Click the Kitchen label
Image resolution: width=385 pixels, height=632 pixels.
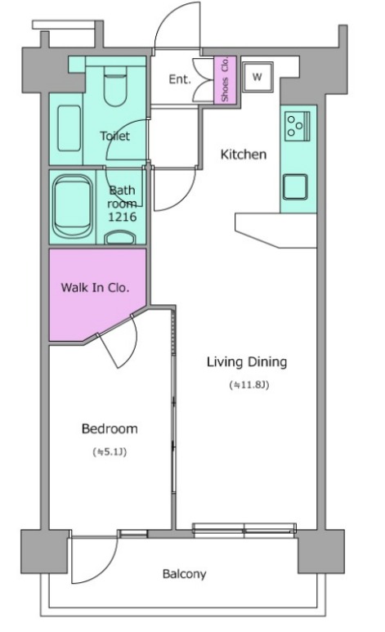tap(244, 155)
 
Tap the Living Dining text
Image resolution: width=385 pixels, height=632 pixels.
tap(247, 362)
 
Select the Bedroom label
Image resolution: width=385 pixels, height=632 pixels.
tap(110, 428)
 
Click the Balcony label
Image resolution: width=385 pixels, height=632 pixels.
tap(184, 574)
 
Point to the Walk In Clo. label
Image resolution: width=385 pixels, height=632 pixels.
tap(95, 287)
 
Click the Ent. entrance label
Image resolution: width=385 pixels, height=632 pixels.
tap(179, 79)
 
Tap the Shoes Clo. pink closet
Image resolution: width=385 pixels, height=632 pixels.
tap(225, 79)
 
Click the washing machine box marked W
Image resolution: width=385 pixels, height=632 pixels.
tap(257, 77)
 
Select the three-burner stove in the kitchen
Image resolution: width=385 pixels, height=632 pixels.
tap(298, 126)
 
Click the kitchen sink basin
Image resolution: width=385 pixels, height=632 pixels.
tap(295, 187)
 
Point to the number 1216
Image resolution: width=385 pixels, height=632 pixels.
tap(122, 217)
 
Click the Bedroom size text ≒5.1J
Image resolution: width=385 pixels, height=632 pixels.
tap(110, 452)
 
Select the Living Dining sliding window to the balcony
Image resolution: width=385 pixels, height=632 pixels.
tap(244, 530)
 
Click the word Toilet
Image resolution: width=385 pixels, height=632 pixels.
tap(115, 136)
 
